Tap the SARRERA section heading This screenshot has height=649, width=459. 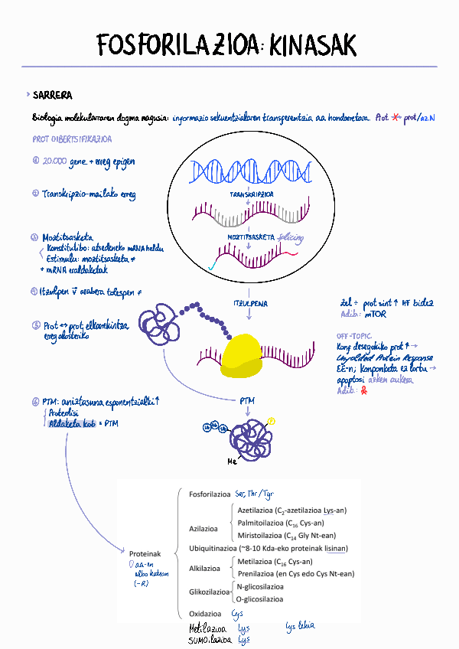[53, 96]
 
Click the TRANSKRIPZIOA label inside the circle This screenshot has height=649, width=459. [252, 195]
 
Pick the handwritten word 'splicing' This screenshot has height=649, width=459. [291, 238]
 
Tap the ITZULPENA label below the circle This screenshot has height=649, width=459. [250, 304]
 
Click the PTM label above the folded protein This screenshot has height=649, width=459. [247, 400]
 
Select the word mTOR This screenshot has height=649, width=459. [375, 314]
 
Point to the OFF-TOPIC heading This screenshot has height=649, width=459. [353, 336]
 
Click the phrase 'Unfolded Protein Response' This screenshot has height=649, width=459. [385, 357]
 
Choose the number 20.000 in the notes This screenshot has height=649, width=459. [54, 161]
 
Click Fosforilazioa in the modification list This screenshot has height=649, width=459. [210, 494]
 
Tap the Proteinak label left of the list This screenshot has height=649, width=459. [145, 553]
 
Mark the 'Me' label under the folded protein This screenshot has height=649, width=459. [233, 462]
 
